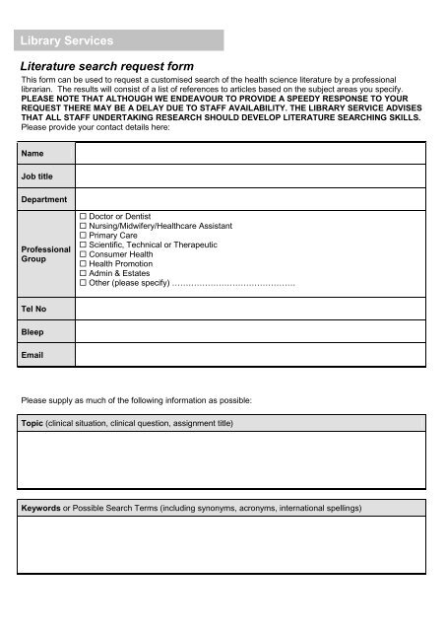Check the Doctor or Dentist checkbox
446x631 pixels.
[84, 215]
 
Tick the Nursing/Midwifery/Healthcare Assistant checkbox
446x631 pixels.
[84, 225]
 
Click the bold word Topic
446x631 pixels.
[34, 423]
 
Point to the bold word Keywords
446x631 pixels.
[43, 509]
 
